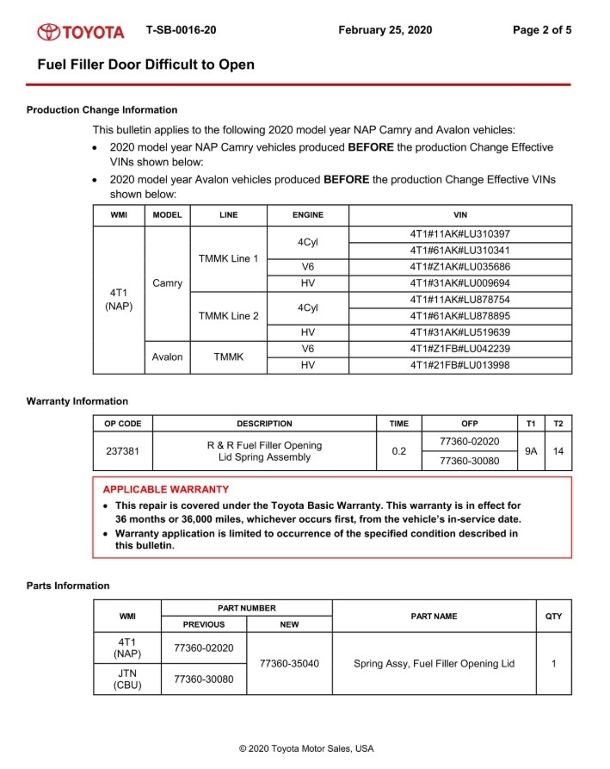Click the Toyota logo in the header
point(81,32)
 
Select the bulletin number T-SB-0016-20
point(181,30)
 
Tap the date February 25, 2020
point(385,30)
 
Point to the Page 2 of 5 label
point(541,30)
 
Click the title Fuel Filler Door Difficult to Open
point(145,65)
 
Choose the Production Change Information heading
point(102,110)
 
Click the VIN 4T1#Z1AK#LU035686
point(460,267)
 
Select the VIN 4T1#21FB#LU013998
point(460,365)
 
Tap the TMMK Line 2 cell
point(228,316)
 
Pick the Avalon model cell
point(167,357)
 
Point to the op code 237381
point(123,451)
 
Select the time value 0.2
point(398,451)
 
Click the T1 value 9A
point(531,451)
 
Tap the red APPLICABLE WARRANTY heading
point(165,489)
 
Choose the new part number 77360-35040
point(289,664)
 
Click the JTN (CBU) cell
point(126,679)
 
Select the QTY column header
point(553,616)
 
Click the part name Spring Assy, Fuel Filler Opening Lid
point(434,664)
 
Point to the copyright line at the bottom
point(306,748)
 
